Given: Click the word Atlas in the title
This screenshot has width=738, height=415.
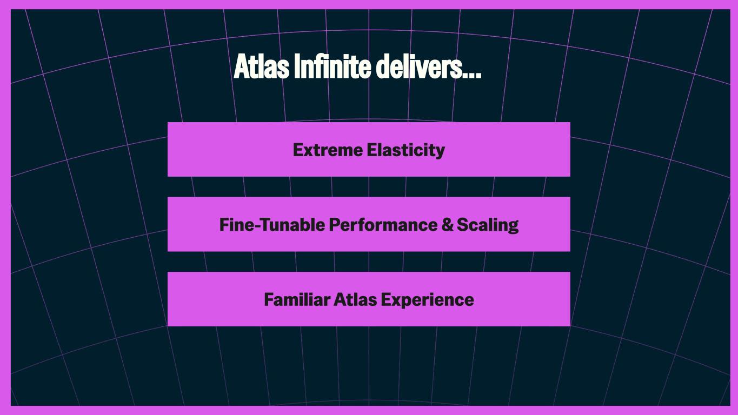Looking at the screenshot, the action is pos(262,66).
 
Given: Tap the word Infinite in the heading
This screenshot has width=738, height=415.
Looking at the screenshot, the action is pos(333,66).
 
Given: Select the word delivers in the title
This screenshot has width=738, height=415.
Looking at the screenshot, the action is pos(419,66).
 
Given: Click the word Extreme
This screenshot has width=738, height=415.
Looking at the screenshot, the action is pos(328,150).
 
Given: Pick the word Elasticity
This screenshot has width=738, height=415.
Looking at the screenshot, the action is pos(405,151).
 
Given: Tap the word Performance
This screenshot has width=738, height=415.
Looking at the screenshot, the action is pos(383,225).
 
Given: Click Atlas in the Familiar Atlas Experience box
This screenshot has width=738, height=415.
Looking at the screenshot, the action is pos(355,299).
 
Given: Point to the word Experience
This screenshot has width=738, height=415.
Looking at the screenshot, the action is pos(427,300).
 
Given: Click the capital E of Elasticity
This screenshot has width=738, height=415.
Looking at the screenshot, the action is pos(371,150).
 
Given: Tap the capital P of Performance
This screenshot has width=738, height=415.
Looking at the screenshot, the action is pos(335,225).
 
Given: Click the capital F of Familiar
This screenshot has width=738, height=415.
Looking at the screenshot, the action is pos(269,299).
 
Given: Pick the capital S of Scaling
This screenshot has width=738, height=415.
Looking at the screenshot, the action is pos(463,225).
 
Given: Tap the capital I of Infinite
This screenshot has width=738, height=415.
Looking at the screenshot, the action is pos(297,66).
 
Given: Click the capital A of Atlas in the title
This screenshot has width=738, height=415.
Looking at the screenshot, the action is pos(241,66).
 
